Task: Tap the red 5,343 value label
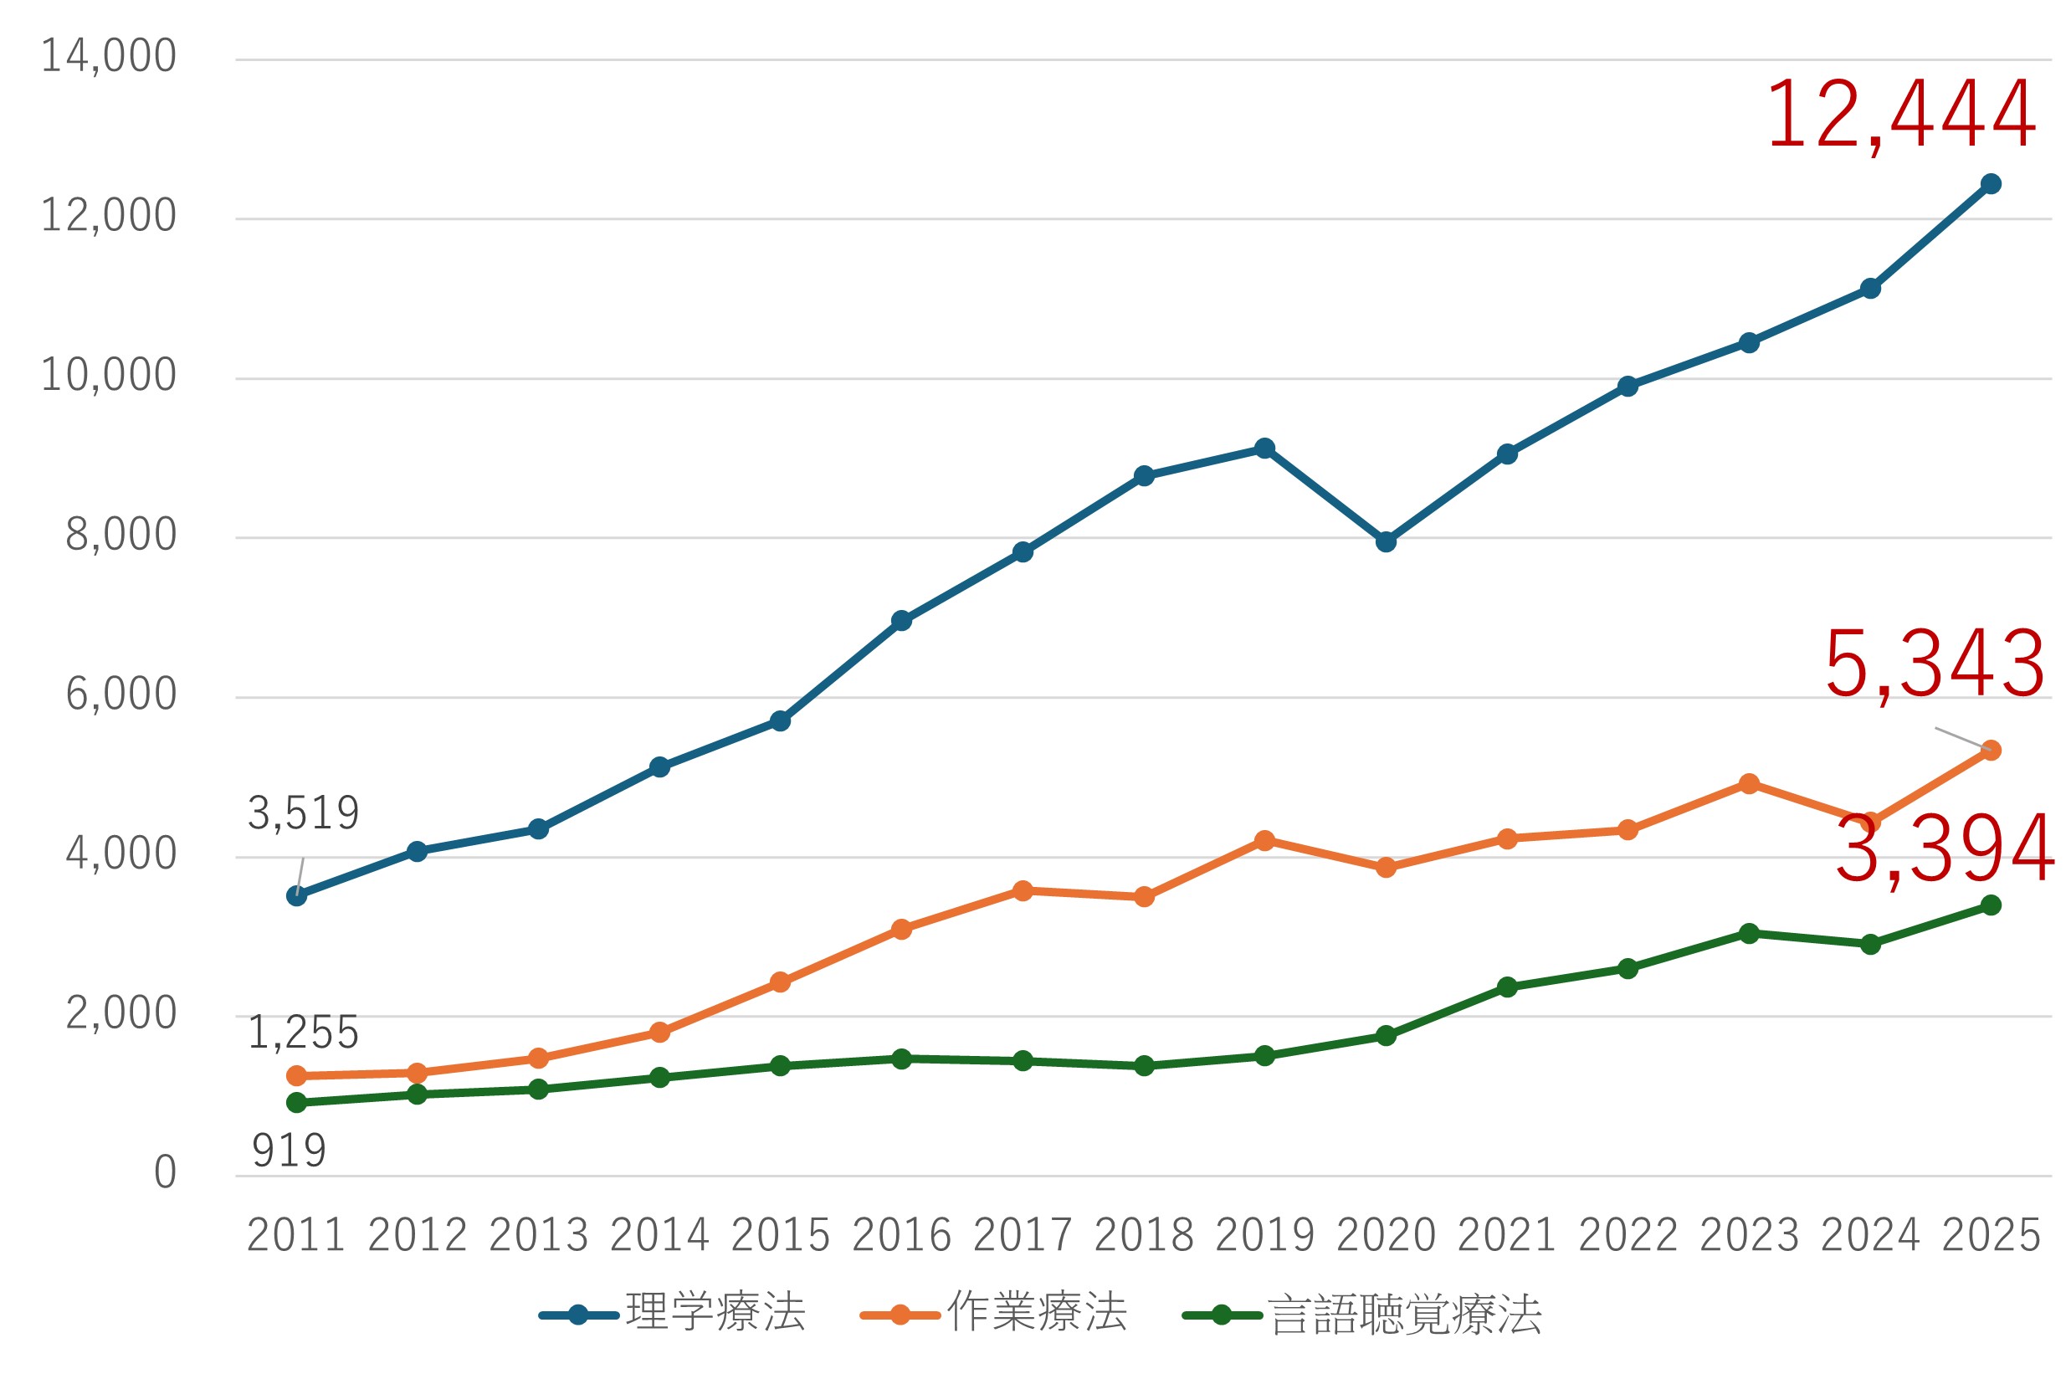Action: tap(1934, 665)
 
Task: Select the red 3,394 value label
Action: tap(1945, 850)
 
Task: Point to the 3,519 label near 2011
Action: tap(303, 813)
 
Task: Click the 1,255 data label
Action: tap(303, 1033)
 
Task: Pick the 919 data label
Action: tap(289, 1151)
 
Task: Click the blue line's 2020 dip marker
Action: tap(1386, 541)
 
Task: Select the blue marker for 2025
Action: tap(1991, 184)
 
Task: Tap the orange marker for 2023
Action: tap(1749, 783)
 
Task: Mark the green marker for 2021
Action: tap(1507, 987)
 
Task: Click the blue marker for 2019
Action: tap(1264, 449)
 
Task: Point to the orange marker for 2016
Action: tap(901, 930)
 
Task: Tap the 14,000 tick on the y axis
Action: tap(108, 56)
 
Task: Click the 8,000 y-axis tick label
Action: tap(121, 535)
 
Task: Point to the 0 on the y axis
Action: tap(166, 1172)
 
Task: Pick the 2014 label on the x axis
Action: tap(659, 1235)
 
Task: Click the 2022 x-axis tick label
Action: tap(1628, 1235)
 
